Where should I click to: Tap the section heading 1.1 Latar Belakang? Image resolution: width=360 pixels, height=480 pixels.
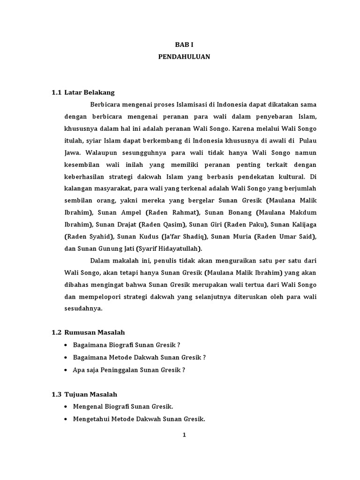click(83, 92)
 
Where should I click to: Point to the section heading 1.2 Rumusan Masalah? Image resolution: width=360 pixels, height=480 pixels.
click(88, 332)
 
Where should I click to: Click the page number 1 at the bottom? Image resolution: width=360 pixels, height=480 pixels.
click(184, 435)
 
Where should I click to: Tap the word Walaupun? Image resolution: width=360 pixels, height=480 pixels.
click(97, 152)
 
